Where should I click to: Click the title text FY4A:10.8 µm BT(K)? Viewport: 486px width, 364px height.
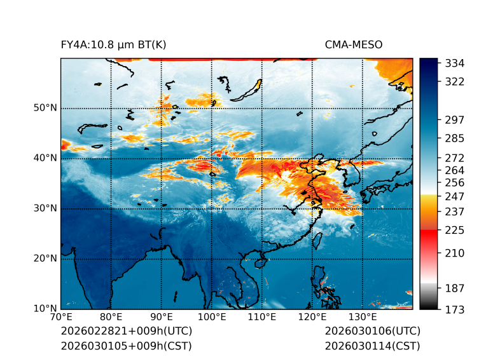click(x=113, y=44)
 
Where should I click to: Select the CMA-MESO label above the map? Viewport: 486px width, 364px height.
click(x=353, y=44)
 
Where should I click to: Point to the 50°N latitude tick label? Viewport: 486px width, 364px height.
click(x=45, y=108)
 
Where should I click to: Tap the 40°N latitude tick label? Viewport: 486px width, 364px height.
click(x=45, y=158)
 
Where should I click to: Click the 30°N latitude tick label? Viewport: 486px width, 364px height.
click(x=45, y=208)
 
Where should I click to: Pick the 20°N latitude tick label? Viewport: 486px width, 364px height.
click(x=45, y=259)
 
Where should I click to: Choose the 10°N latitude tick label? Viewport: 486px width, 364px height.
click(x=45, y=309)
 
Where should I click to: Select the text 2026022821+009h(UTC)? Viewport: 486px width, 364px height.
click(x=126, y=332)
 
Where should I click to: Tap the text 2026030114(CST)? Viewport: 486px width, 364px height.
click(x=372, y=346)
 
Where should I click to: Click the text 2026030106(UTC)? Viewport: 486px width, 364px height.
click(x=372, y=332)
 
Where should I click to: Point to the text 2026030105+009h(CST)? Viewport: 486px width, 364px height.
click(x=126, y=346)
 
